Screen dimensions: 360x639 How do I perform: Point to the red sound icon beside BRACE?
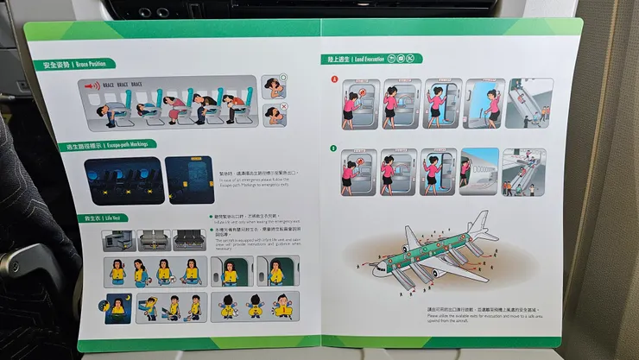[x=91, y=85]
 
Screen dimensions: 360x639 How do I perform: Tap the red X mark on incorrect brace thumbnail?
[x=283, y=110]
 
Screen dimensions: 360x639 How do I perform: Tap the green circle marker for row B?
[x=333, y=148]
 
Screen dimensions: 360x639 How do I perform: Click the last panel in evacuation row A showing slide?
[x=529, y=103]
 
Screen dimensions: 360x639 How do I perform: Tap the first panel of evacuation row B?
[x=357, y=171]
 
